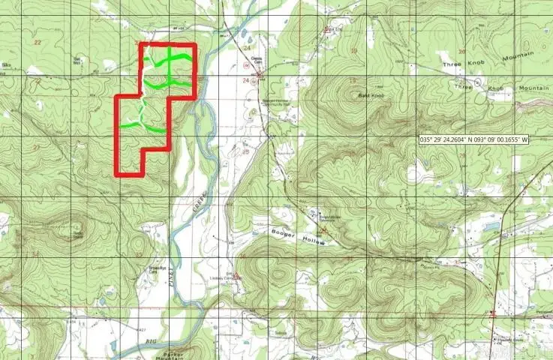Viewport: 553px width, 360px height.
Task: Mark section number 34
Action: pyautogui.click(x=35, y=253)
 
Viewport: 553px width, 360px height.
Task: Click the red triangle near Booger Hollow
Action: pyautogui.click(x=324, y=229)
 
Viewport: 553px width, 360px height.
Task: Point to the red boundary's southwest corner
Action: pyautogui.click(x=117, y=175)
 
